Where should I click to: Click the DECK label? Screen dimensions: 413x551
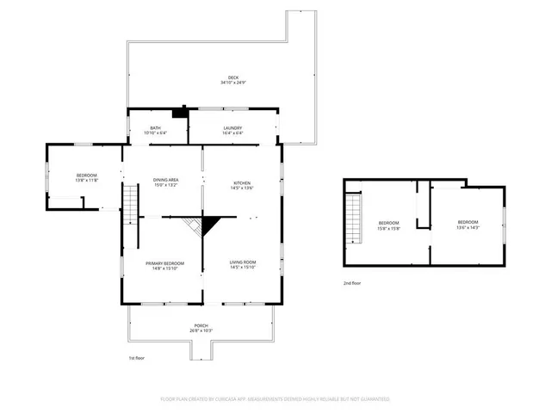(x=227, y=77)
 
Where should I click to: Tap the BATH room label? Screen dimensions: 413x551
(x=158, y=128)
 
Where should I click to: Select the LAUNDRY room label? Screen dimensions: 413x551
(x=232, y=128)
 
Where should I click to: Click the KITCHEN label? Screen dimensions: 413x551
(x=241, y=182)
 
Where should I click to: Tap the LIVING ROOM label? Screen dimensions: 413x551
(x=242, y=262)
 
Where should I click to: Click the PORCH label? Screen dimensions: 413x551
(x=201, y=325)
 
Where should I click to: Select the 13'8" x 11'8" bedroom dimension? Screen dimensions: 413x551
(x=86, y=180)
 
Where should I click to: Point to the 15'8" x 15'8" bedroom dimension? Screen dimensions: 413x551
(x=390, y=228)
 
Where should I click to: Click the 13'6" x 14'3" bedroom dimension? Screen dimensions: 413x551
(x=467, y=227)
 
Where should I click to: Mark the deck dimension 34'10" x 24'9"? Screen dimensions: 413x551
(x=227, y=83)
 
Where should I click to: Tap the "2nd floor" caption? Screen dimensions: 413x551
(x=353, y=282)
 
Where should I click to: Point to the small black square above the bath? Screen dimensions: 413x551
(x=179, y=111)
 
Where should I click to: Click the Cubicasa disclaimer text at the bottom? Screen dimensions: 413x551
(x=275, y=399)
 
